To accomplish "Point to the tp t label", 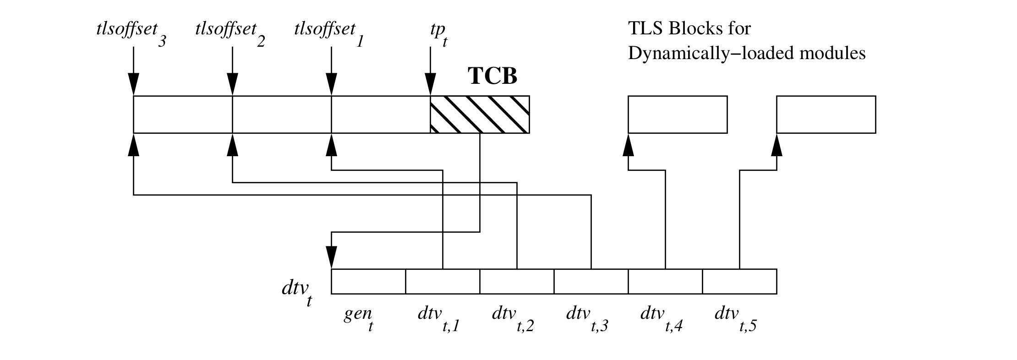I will [x=436, y=35].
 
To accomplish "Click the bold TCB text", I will [x=492, y=76].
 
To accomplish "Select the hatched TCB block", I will [x=480, y=115].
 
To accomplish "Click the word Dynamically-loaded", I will [x=701, y=54].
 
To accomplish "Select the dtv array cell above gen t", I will [x=368, y=281].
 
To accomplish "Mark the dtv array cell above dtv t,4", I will [x=665, y=281].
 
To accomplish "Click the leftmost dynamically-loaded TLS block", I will [x=678, y=115].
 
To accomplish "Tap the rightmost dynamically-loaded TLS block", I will [x=826, y=115].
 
